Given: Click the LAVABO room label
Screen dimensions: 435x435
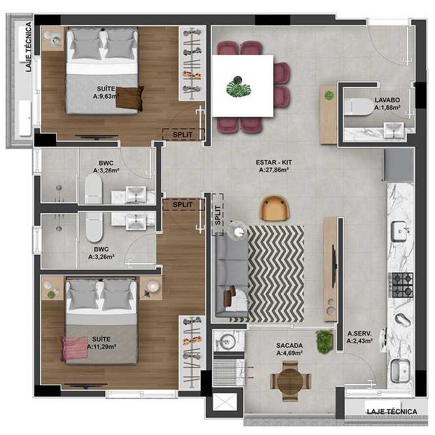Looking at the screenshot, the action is point(387,100).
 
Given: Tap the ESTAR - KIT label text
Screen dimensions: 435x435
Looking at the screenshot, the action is point(274,162).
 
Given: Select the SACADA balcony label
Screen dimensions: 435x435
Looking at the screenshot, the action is point(289,345).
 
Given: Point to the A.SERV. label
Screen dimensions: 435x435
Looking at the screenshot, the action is point(359,334).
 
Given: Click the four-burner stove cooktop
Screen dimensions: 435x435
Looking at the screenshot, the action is point(400,285).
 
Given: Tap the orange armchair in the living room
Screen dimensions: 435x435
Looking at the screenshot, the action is point(274,208).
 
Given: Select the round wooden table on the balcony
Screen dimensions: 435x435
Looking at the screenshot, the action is point(290,381).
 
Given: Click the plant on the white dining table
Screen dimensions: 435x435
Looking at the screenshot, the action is point(239,87).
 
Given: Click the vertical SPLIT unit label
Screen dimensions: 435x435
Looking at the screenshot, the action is point(218,215).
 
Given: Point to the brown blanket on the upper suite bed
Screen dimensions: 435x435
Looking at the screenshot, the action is point(130,97).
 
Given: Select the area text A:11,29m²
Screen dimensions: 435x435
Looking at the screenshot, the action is point(101,347).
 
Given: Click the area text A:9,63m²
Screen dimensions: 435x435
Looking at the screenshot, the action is point(106,96).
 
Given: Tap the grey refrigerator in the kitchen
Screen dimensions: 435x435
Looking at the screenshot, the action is point(398,165).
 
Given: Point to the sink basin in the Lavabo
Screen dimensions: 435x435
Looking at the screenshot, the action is point(394,130).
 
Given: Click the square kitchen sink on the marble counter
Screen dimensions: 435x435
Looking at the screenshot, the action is point(400,232).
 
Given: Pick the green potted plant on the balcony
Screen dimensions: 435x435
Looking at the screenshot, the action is point(324,341).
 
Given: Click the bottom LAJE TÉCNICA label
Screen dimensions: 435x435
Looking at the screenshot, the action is point(392,411).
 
